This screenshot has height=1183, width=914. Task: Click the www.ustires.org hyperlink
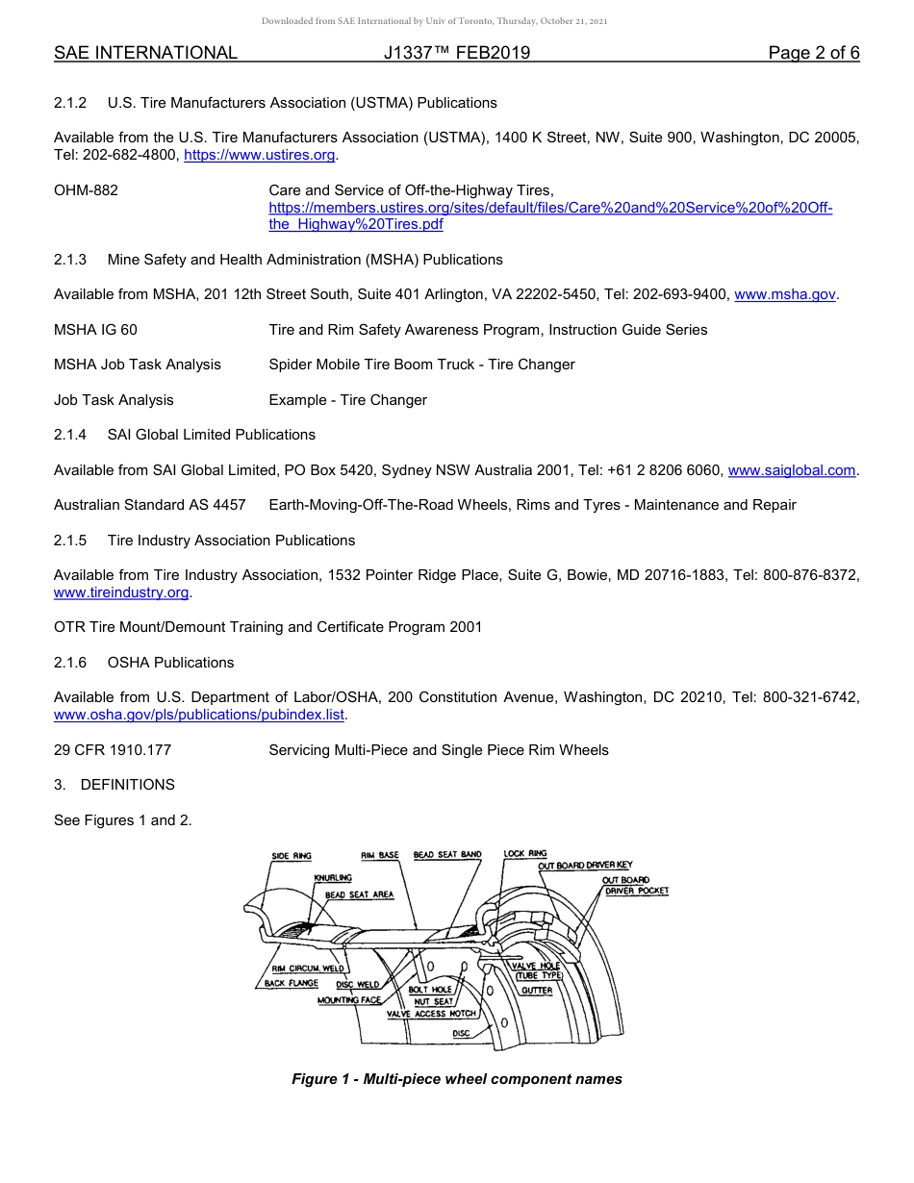259,155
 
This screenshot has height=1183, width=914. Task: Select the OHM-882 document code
86,190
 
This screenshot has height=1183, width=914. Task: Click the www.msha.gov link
785,295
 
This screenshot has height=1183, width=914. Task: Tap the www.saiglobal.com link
792,470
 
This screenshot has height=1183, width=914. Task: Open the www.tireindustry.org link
121,592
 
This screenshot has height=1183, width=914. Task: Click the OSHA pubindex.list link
198,716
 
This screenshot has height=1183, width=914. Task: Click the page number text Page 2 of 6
813,53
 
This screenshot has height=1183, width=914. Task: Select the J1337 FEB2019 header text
456,53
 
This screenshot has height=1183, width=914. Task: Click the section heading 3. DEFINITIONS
114,785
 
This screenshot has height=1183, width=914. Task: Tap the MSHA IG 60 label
95,330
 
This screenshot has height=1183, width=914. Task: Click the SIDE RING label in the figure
292,856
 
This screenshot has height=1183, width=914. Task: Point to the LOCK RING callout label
525,853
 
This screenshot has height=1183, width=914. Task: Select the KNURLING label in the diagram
333,878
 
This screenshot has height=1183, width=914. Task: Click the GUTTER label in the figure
536,991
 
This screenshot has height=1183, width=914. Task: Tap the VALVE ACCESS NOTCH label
431,1014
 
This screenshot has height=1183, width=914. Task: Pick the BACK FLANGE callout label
292,984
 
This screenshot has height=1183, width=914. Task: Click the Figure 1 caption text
457,1079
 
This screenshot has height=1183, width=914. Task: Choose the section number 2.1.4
70,435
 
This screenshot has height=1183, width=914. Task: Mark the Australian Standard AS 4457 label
149,505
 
